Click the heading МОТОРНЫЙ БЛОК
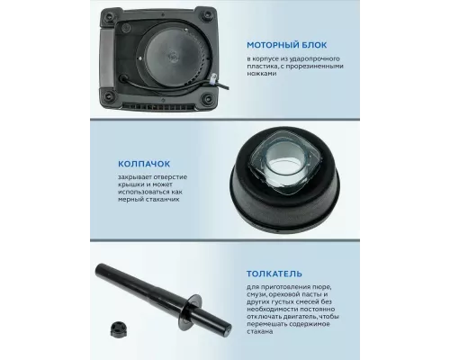(286, 45)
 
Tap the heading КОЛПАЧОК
(144, 164)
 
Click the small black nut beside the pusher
(116, 328)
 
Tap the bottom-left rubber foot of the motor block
(108, 96)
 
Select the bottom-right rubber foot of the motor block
(206, 97)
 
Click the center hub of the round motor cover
(173, 56)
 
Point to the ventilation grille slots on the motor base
(158, 107)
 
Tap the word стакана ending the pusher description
(260, 331)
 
